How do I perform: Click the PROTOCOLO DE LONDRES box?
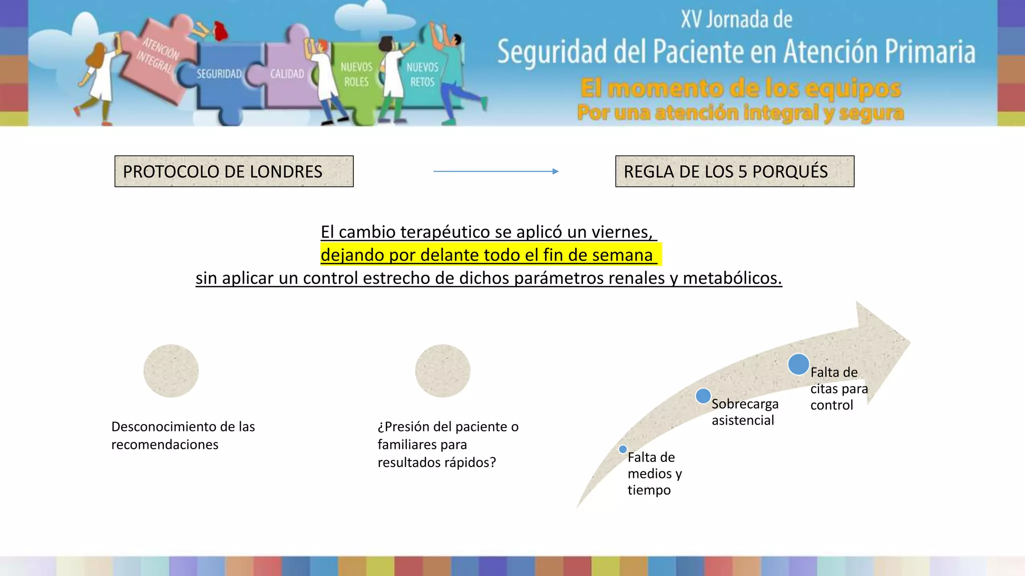234,171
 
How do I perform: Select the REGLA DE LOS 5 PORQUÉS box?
734,171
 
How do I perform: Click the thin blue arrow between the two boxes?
495,171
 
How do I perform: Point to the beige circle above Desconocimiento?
171,371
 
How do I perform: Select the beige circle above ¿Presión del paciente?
442,371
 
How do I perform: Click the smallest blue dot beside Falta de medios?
623,449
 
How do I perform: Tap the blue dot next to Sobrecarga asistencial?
703,396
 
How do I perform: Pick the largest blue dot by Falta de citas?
798,364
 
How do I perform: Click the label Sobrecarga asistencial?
745,412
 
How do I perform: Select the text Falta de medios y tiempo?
654,473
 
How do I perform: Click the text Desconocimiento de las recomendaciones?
183,435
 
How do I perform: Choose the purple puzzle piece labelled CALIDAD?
287,74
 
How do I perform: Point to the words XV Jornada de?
736,20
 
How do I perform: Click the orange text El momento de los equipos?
741,88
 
